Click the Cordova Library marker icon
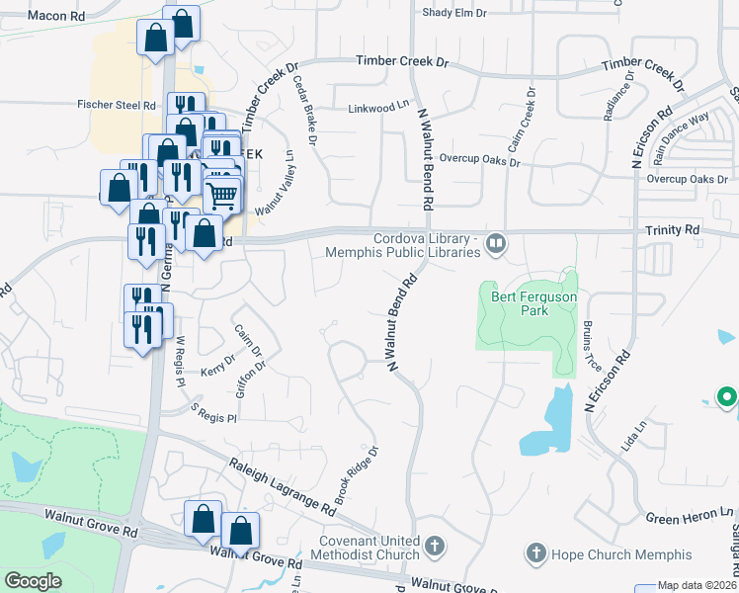click(497, 242)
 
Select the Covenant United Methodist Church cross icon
click(434, 546)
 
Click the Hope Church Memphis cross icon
click(535, 553)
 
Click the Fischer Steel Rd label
click(118, 104)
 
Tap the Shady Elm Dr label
click(454, 13)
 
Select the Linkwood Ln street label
click(377, 107)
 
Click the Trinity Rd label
click(673, 229)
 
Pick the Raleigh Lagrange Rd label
click(283, 485)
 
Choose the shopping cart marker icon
click(221, 195)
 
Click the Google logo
click(33, 581)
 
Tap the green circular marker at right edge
click(727, 398)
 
